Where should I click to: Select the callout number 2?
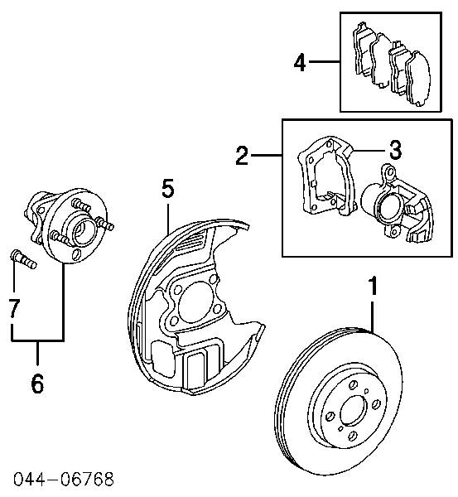point(241,155)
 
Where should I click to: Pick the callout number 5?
point(167,190)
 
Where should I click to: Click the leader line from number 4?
point(326,61)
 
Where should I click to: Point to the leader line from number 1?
point(373,315)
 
